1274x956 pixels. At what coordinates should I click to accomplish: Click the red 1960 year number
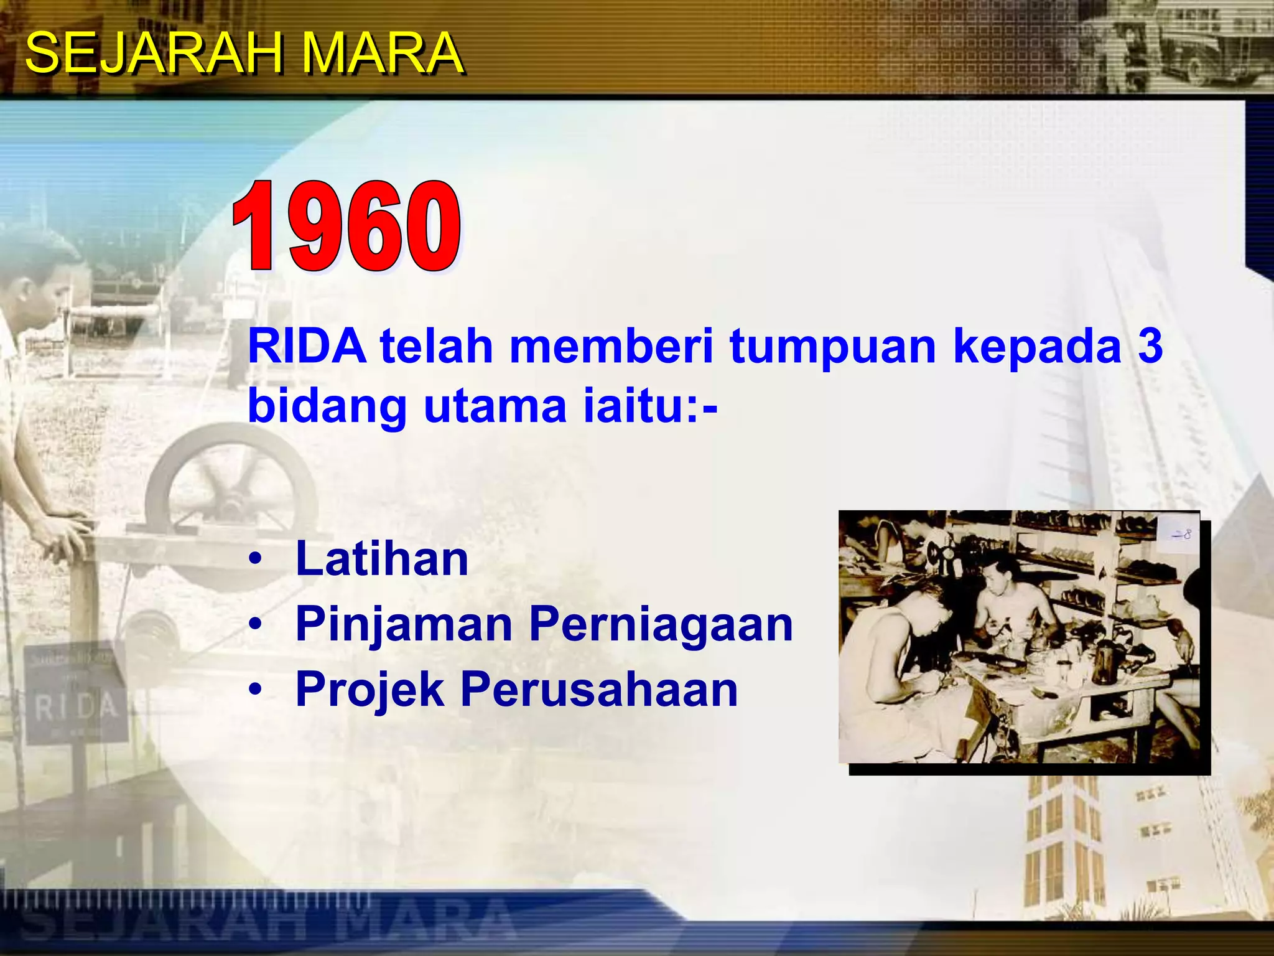[x=346, y=227]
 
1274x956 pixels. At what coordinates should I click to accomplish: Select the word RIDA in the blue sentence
[x=307, y=346]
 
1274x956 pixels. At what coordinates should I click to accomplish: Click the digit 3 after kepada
[x=1150, y=346]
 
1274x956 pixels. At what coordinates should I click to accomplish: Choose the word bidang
[x=327, y=406]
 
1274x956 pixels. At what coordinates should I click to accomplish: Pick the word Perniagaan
[x=661, y=624]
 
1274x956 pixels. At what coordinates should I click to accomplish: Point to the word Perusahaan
[x=599, y=690]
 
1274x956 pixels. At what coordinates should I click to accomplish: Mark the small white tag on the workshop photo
[x=1180, y=534]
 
